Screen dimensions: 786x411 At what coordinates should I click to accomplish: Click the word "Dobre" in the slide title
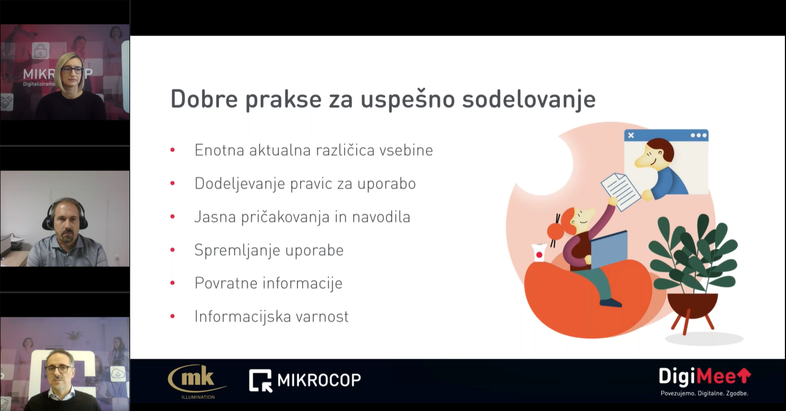tap(204, 99)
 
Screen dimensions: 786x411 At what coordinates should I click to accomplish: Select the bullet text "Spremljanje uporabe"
tap(269, 250)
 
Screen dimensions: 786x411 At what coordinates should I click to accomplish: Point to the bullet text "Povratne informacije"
tap(269, 283)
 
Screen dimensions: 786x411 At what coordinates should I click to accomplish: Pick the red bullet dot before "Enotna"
tap(173, 150)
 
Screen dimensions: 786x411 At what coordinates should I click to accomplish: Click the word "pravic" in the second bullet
tap(311, 184)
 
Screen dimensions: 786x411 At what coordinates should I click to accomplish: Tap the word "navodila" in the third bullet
tap(381, 217)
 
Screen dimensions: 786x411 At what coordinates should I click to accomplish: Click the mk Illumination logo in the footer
tap(197, 382)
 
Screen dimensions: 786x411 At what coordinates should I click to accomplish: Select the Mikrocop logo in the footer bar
tap(305, 380)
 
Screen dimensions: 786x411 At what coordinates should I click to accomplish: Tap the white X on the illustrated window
tap(631, 135)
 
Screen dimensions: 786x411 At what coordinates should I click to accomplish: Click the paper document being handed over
tap(621, 192)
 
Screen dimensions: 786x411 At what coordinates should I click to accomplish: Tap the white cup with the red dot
tap(539, 253)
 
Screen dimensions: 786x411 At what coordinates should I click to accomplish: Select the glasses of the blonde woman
tap(72, 70)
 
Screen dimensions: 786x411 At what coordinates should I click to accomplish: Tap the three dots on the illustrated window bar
tap(698, 135)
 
